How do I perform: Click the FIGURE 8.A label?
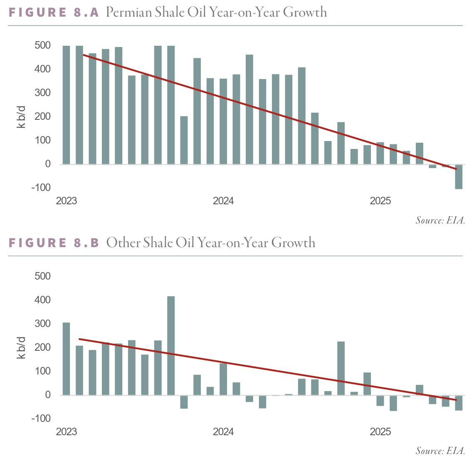pyautogui.click(x=54, y=12)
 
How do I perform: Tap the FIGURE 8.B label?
pyautogui.click(x=54, y=243)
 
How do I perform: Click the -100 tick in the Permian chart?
pyautogui.click(x=41, y=188)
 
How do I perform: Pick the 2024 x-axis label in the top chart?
pyautogui.click(x=223, y=201)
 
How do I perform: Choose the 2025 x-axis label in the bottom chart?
pyautogui.click(x=380, y=432)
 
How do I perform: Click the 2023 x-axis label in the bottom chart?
pyautogui.click(x=67, y=432)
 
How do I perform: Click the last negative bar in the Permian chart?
pyautogui.click(x=459, y=176)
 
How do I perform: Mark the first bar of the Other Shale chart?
pyautogui.click(x=66, y=359)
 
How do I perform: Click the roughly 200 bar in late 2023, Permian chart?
pyautogui.click(x=184, y=140)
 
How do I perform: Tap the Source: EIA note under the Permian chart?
pyautogui.click(x=440, y=221)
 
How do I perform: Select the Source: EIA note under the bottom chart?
pyautogui.click(x=440, y=451)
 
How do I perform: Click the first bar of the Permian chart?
pyautogui.click(x=66, y=105)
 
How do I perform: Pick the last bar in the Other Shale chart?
pyautogui.click(x=459, y=403)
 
